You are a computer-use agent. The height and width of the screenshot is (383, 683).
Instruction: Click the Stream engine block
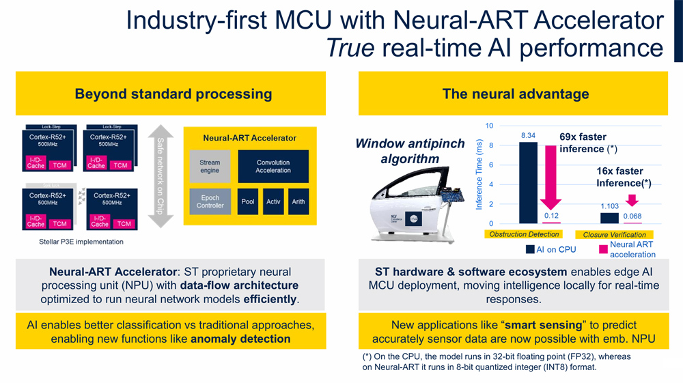(210, 167)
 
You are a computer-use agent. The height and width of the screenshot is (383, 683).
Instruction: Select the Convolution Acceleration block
(273, 167)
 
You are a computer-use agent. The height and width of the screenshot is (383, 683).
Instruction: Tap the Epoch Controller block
(210, 201)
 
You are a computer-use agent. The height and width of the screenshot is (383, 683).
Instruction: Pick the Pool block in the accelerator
(248, 202)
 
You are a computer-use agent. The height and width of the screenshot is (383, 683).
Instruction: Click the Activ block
(273, 202)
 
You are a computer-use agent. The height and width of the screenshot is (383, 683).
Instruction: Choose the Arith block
(298, 202)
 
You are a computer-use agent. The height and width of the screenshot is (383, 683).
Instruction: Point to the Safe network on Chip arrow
(161, 171)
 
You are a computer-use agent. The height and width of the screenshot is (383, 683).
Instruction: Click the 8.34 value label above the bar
(528, 136)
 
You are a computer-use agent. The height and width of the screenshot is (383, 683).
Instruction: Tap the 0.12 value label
(551, 216)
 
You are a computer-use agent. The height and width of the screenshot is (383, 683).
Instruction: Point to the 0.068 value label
(633, 216)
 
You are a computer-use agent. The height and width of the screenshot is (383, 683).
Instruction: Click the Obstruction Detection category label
(524, 235)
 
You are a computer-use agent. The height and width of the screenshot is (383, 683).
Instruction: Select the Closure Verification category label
(615, 235)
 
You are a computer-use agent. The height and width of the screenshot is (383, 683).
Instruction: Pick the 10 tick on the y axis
(489, 126)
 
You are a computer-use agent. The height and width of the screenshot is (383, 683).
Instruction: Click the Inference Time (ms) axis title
(479, 175)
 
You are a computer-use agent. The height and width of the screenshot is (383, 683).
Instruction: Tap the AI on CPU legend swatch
(530, 249)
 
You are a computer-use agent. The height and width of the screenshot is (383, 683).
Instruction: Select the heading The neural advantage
(515, 94)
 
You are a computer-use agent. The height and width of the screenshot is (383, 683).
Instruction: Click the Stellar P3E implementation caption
(72, 242)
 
